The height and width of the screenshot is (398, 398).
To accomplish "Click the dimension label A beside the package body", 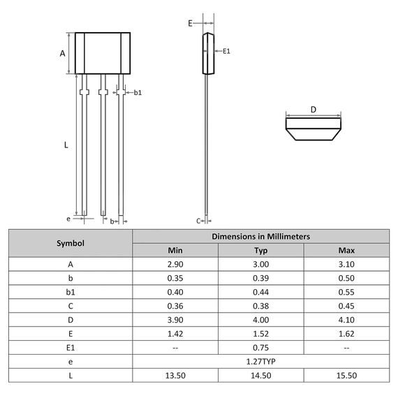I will point(63,53).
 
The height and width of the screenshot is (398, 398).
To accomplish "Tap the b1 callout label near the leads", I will point(138,93).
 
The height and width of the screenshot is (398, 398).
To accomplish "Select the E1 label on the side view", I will point(226,51).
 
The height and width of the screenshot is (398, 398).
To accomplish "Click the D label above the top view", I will point(313,110).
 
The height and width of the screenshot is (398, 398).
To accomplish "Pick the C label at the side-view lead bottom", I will point(198,221).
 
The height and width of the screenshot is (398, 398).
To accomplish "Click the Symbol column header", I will point(71,243).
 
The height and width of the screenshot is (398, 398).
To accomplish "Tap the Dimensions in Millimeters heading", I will point(261,237).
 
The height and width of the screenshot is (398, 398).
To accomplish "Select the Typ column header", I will point(261,251).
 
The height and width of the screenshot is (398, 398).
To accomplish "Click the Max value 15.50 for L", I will point(346,375).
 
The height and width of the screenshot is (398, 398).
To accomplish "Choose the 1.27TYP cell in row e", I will point(261,361).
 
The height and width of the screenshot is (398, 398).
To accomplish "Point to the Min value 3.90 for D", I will point(175,320).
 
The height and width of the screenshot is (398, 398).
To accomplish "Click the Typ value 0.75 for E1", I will point(261,347).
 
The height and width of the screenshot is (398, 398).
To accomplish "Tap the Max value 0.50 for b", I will point(346,278).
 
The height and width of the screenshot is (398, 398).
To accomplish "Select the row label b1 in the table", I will point(71,292).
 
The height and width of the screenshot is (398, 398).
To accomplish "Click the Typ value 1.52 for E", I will point(261,334).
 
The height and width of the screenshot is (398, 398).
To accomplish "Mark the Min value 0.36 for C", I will point(175,306).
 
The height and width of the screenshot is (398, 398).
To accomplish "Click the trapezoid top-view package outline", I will point(313,129).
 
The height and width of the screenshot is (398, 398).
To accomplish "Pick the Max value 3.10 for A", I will point(346,265).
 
